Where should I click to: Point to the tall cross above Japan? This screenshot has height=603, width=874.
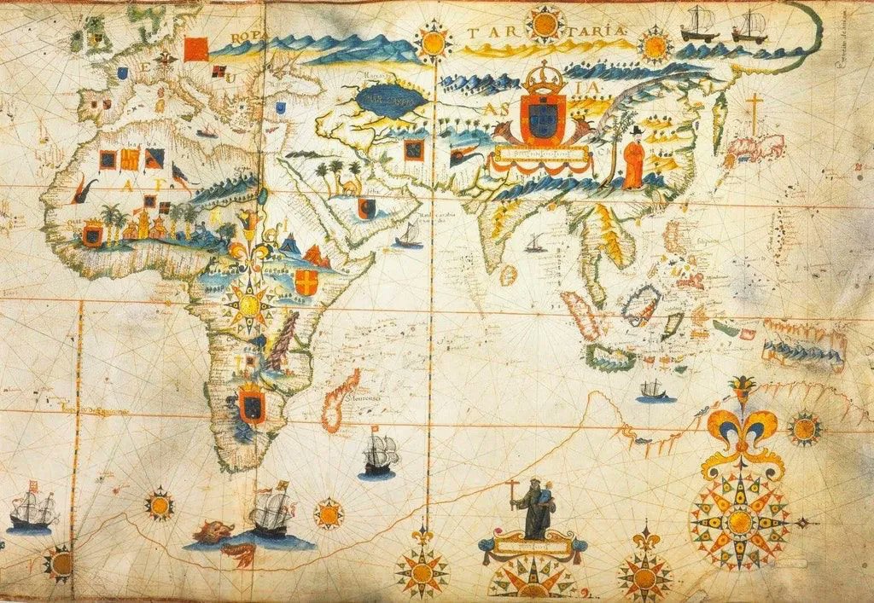click(753, 115)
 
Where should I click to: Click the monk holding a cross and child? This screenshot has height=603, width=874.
click(534, 507)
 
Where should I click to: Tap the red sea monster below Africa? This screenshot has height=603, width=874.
click(213, 533)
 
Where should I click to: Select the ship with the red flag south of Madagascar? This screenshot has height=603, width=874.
click(380, 453)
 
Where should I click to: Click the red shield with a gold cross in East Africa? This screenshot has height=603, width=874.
click(306, 282)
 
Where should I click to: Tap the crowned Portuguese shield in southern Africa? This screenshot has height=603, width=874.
click(251, 403)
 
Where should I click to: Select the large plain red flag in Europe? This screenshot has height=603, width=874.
click(195, 48)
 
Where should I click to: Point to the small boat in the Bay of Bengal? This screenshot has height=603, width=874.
click(535, 244)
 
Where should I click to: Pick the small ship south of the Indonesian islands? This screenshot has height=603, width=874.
click(654, 391)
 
